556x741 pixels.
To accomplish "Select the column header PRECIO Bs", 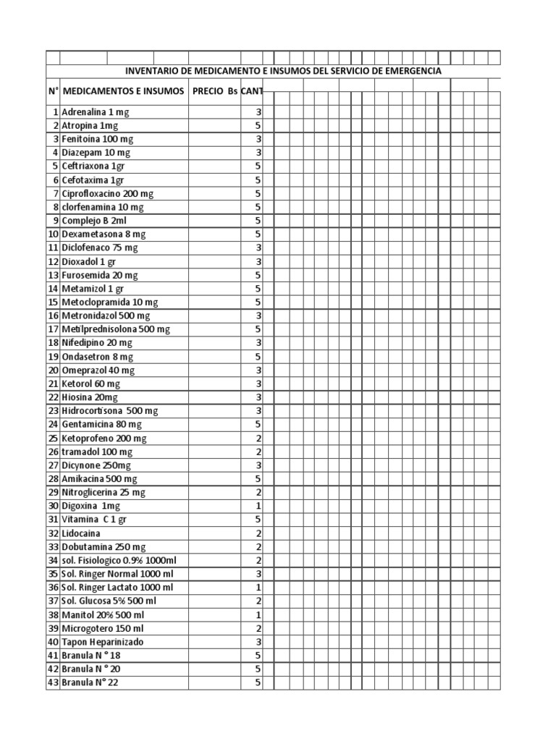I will click(x=215, y=92).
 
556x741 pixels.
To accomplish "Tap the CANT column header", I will click(x=253, y=92).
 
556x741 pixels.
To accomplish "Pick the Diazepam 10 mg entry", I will click(x=96, y=153).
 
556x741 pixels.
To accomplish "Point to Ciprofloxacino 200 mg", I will click(x=108, y=194).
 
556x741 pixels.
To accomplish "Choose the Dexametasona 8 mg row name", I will click(x=104, y=234).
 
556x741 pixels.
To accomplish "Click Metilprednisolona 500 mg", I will click(x=116, y=329).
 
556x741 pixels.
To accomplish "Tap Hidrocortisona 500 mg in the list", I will click(x=110, y=411).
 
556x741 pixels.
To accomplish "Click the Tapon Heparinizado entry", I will click(x=103, y=642).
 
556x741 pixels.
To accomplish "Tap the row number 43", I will click(x=53, y=682).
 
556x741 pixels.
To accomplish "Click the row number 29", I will click(x=53, y=492).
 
